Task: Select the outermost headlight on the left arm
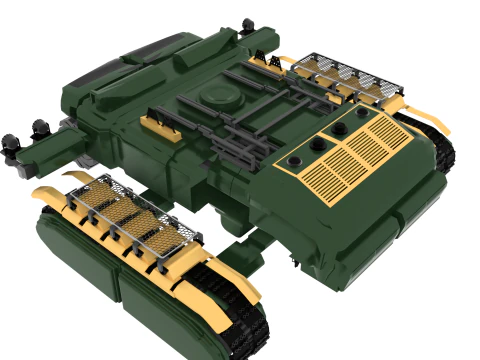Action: coord(11,141)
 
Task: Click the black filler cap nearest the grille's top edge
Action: coord(338,128)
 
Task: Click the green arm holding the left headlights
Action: coord(50,150)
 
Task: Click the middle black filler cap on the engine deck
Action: coord(319,145)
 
